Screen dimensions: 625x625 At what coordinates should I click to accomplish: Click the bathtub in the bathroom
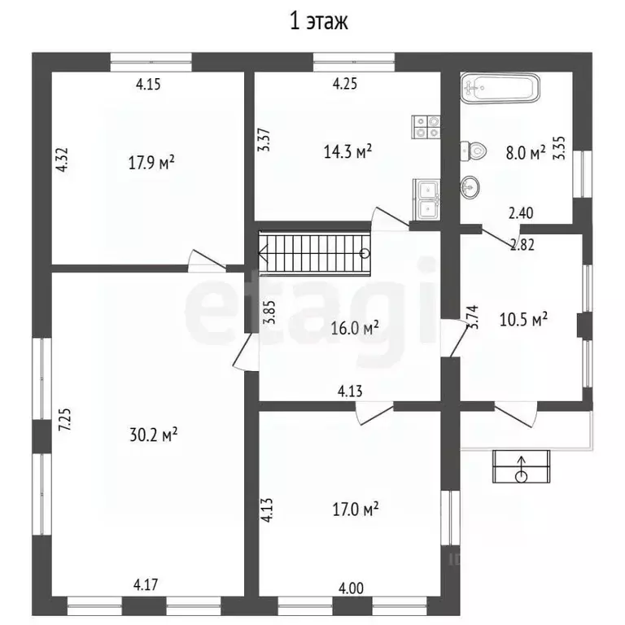click(x=500, y=88)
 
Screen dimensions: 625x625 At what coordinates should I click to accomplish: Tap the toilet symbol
click(x=474, y=151)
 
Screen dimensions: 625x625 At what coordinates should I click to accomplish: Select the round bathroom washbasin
click(x=470, y=186)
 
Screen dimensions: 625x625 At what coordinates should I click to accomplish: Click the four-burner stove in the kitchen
click(x=426, y=127)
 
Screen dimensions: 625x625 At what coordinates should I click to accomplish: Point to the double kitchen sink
click(x=427, y=199)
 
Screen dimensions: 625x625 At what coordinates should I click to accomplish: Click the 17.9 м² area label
click(x=151, y=162)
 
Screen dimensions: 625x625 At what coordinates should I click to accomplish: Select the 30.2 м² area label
click(x=154, y=435)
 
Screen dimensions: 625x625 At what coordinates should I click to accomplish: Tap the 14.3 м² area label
click(x=347, y=151)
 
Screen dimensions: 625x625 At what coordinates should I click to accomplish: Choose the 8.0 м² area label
click(x=526, y=153)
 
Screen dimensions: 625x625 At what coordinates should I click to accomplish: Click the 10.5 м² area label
click(x=523, y=319)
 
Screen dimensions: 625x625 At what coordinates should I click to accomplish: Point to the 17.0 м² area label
click(x=356, y=509)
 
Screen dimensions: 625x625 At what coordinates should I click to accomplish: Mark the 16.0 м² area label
click(x=355, y=329)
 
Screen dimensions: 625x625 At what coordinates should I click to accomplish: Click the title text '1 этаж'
click(x=318, y=21)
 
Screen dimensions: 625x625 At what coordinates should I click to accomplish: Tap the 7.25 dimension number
click(x=65, y=419)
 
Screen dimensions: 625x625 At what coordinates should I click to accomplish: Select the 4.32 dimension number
click(x=62, y=160)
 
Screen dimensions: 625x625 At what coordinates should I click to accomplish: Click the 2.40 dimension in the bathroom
click(x=521, y=213)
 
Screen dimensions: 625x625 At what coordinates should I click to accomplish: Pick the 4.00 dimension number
click(x=351, y=588)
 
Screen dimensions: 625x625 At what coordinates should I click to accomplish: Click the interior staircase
click(x=314, y=254)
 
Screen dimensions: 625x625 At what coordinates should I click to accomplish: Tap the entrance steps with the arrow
click(x=522, y=466)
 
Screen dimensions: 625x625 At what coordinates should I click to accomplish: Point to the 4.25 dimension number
click(x=345, y=84)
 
